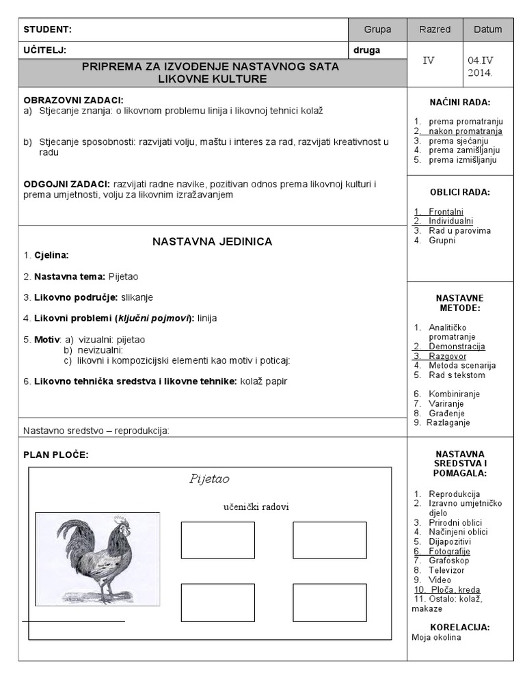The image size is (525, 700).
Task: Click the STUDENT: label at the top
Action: coord(47,29)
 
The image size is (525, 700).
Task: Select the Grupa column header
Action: coord(377,29)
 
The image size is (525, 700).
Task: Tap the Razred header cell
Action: coord(435,29)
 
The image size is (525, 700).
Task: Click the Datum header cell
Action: coord(487,29)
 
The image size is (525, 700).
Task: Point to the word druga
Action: coord(366,50)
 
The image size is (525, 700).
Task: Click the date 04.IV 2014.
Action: coord(480,66)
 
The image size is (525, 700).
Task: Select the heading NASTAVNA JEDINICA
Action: coord(212,241)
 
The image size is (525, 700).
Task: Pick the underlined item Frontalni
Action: coord(446,212)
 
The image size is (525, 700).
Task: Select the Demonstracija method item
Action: coord(457,347)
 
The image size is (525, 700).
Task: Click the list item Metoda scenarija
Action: coord(462,366)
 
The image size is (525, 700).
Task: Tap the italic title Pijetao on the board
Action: coord(209,479)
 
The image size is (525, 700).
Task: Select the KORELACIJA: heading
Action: coord(459,627)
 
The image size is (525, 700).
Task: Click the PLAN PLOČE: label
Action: coord(56,455)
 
